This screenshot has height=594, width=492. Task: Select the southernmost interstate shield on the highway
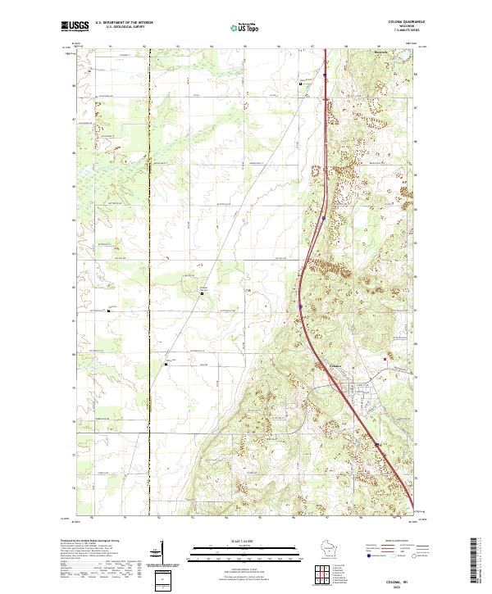[377, 446]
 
